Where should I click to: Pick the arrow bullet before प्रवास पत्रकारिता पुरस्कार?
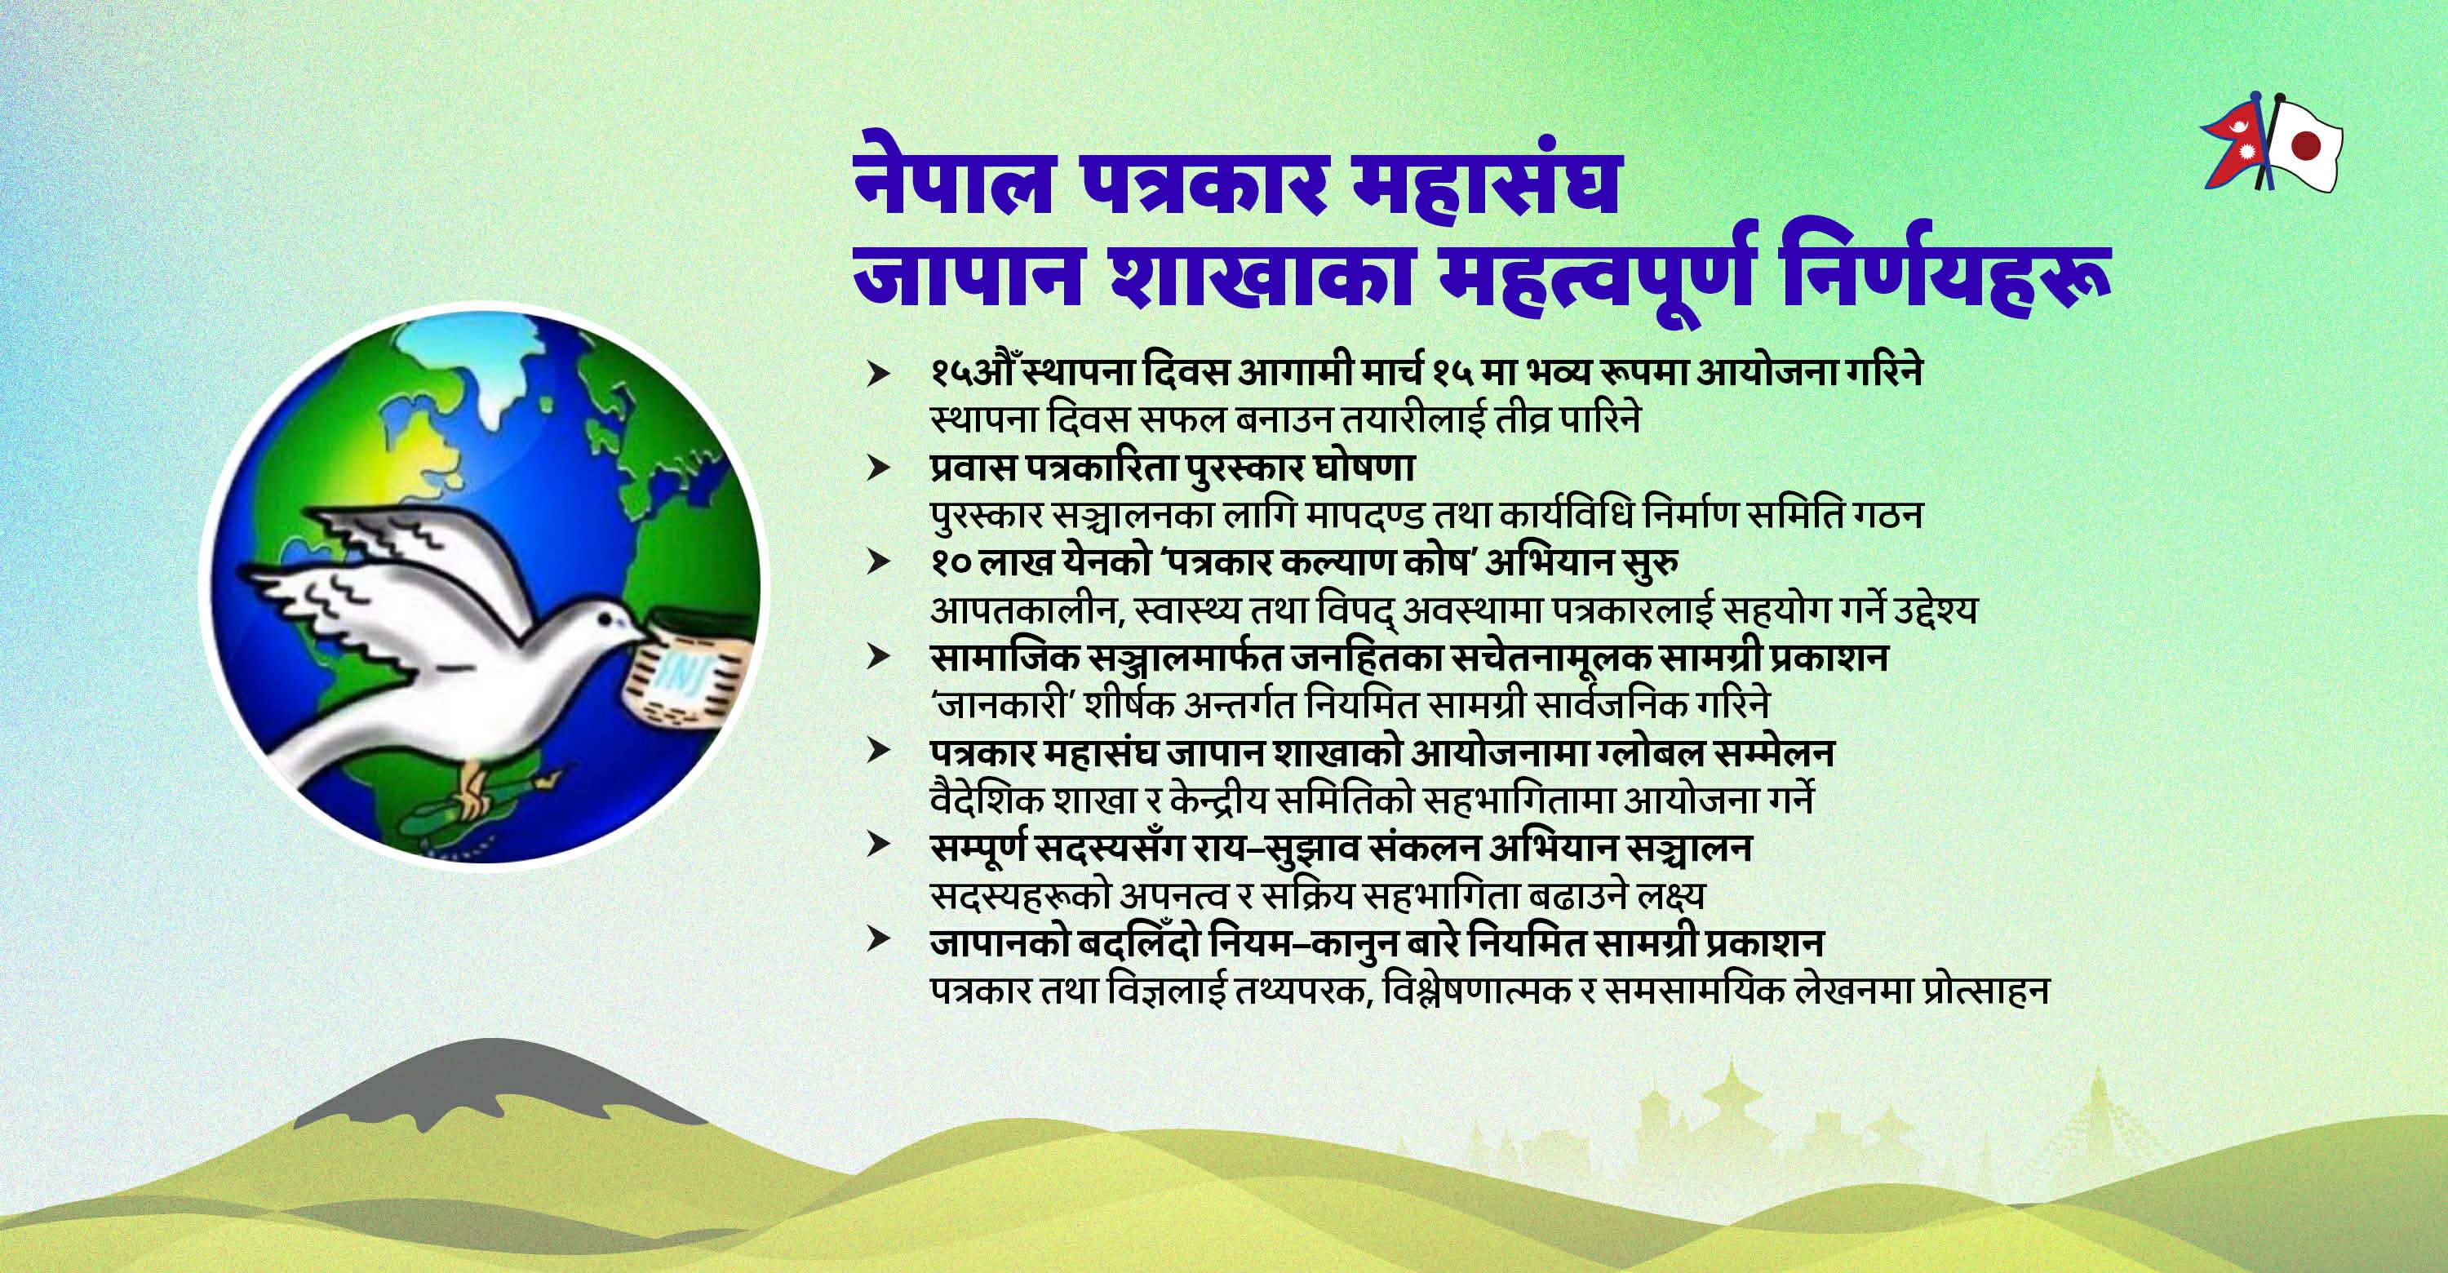(x=878, y=468)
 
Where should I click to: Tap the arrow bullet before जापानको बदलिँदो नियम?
(x=878, y=941)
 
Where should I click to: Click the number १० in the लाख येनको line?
(x=951, y=563)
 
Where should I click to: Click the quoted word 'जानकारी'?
(x=988, y=705)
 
